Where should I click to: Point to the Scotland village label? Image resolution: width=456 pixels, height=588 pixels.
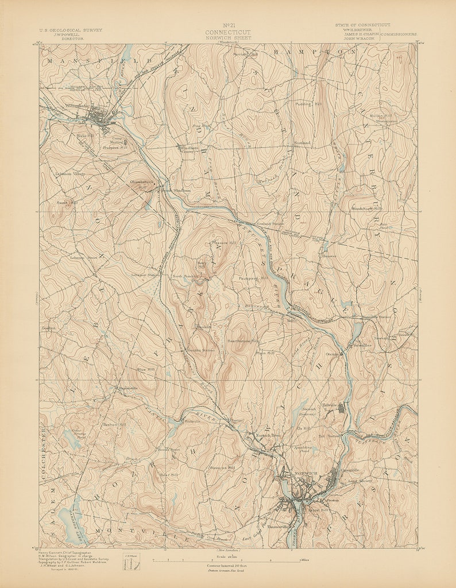click(x=302, y=142)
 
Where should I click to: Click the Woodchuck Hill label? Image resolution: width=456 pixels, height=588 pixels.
click(x=366, y=208)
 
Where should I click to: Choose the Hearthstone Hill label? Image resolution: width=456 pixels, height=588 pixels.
click(x=244, y=341)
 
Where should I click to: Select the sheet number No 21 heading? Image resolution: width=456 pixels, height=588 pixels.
click(x=228, y=25)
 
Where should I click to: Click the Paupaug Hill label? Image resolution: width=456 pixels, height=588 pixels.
click(x=253, y=278)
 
